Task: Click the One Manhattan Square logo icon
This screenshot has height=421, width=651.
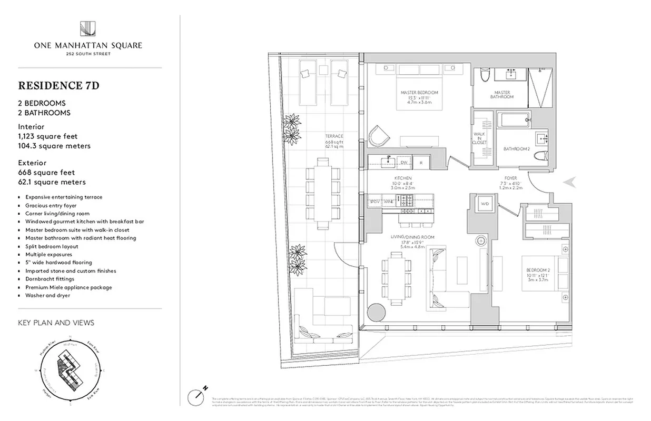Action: [87, 29]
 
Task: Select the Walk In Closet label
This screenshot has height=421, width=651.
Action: [480, 138]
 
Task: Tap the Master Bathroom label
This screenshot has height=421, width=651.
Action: [501, 95]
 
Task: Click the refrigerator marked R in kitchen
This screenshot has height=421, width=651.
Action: [421, 163]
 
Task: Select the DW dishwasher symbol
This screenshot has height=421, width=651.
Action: [404, 163]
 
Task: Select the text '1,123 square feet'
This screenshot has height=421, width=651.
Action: [47, 136]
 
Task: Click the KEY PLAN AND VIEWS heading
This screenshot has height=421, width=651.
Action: [56, 323]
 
